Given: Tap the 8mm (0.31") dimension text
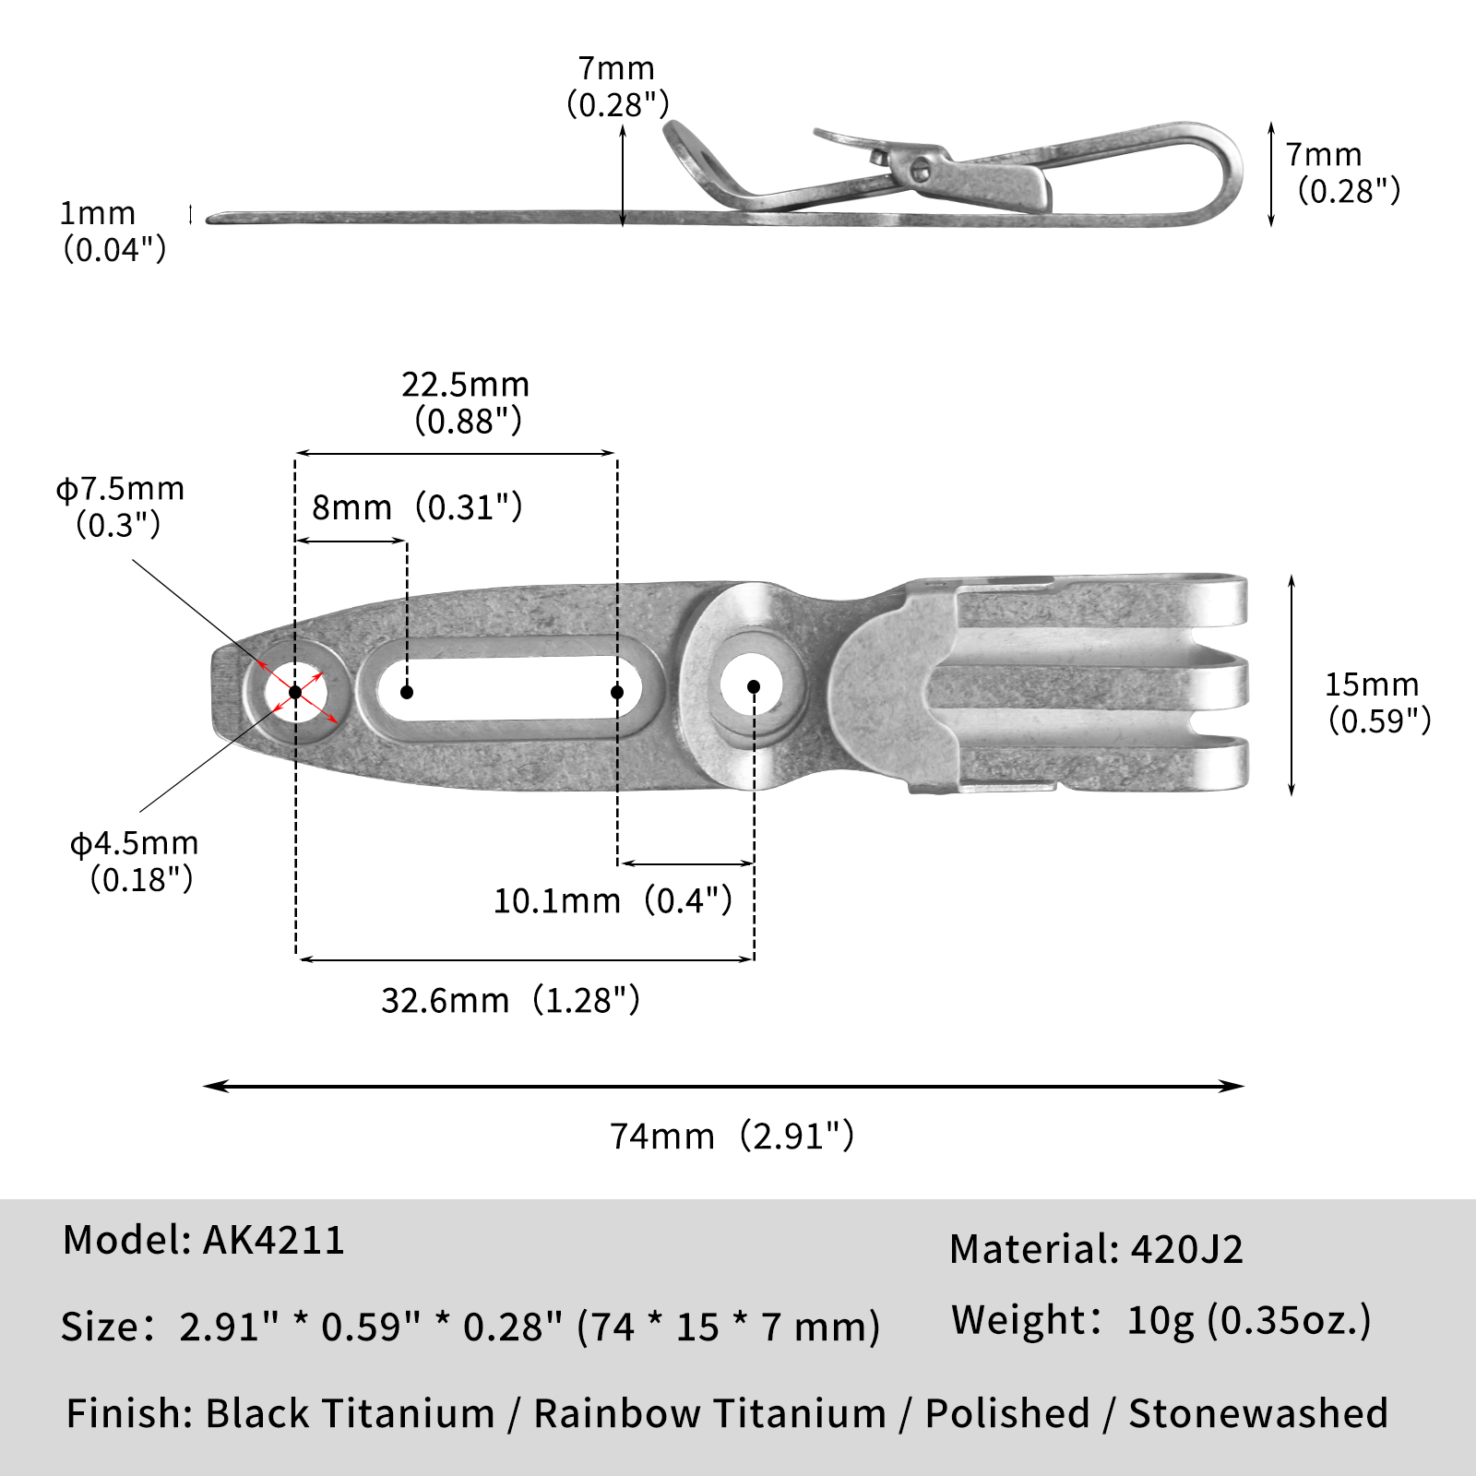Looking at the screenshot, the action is pos(417,507).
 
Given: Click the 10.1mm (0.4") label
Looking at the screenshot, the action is pos(613,900).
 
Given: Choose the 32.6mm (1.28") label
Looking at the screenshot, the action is pos(510,1000).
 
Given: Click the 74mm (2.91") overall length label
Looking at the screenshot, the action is pos(732,1136).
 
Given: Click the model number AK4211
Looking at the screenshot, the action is pos(274,1240).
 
